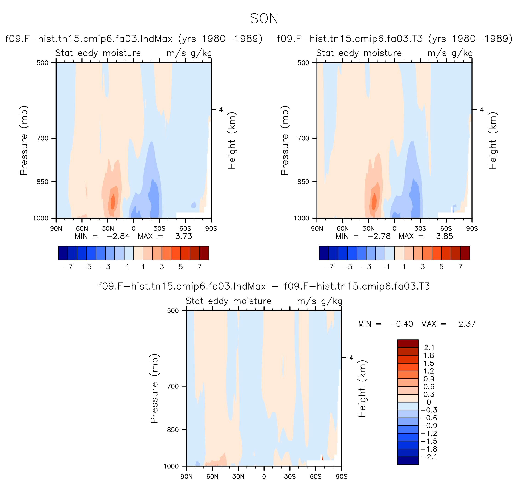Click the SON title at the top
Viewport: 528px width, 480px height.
[264, 19]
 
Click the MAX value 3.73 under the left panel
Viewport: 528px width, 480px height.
[184, 236]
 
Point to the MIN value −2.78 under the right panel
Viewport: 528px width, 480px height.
[379, 236]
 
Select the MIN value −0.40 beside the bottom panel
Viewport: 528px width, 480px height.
[401, 324]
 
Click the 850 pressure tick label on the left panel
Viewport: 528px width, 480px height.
[43, 182]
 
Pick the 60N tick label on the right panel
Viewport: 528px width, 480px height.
[342, 229]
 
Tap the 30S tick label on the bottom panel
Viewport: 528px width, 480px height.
[290, 477]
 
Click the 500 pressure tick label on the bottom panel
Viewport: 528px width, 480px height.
[173, 311]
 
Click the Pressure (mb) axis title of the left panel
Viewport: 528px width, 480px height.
[24, 140]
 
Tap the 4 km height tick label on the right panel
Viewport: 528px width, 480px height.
[482, 110]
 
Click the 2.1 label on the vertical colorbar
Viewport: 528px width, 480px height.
[429, 348]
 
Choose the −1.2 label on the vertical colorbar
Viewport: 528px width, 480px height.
[429, 433]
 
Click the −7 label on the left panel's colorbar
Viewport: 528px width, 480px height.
[68, 267]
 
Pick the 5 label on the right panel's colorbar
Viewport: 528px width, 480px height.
[442, 267]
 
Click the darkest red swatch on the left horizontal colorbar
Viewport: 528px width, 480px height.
[204, 253]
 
